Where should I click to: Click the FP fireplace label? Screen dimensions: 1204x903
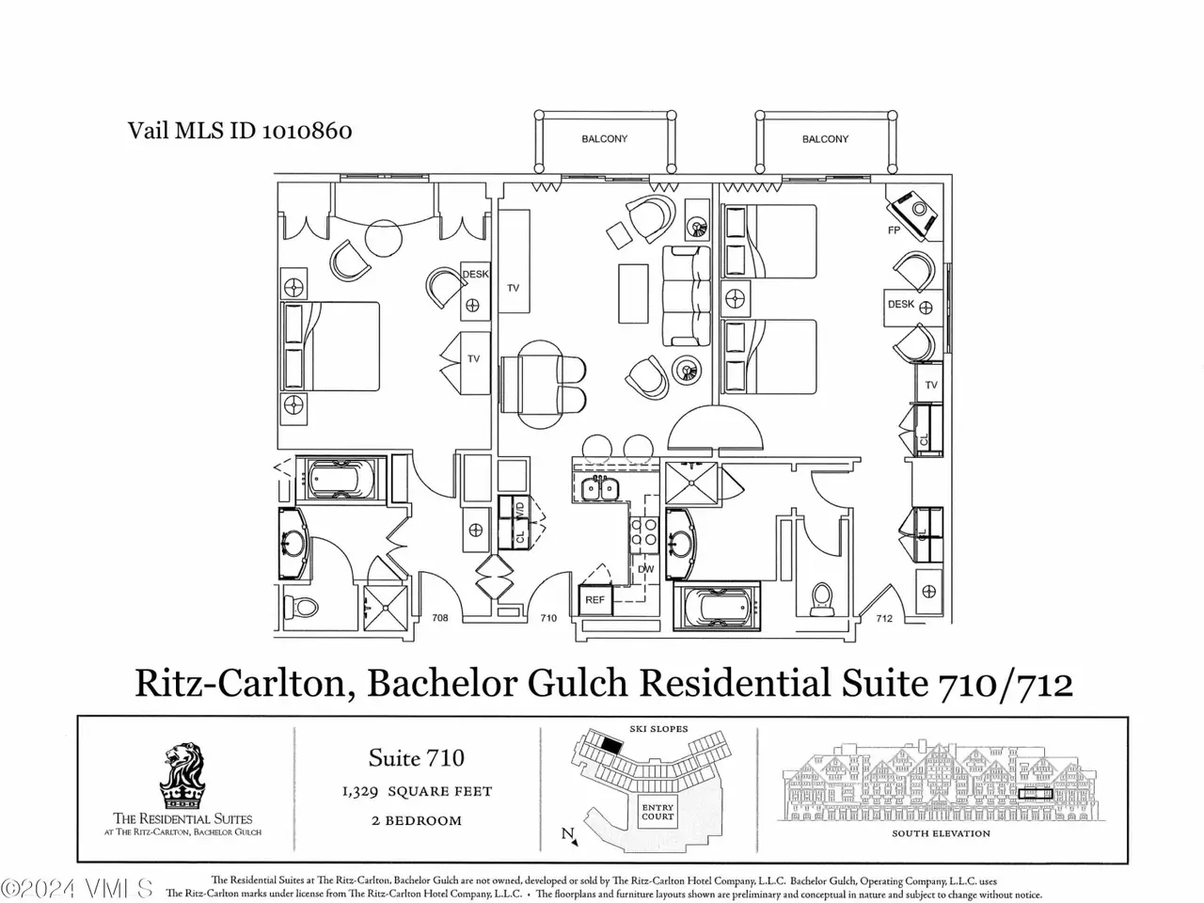click(x=894, y=230)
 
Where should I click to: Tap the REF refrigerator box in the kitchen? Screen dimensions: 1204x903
click(x=595, y=600)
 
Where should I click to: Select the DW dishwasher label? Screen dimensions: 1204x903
click(x=645, y=569)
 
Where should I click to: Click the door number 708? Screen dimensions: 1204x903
click(x=440, y=618)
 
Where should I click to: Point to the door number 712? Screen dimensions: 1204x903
click(x=884, y=618)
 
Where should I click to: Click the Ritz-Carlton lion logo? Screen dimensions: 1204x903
click(x=182, y=777)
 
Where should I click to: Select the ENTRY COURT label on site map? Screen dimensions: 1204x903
click(x=657, y=812)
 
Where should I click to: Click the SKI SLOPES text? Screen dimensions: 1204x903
click(x=658, y=729)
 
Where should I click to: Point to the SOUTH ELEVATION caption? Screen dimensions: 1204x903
click(x=941, y=833)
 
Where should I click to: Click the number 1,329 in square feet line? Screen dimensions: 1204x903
click(x=360, y=792)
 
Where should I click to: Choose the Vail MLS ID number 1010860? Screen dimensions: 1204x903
click(x=307, y=131)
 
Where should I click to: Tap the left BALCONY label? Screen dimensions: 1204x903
click(x=605, y=138)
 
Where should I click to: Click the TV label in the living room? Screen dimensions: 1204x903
click(x=513, y=288)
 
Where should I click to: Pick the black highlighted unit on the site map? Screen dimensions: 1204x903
click(x=612, y=745)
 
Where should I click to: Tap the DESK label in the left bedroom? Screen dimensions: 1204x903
click(x=475, y=274)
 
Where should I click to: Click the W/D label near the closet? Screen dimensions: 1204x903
click(x=520, y=508)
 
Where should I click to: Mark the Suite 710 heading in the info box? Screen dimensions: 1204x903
click(x=417, y=758)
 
